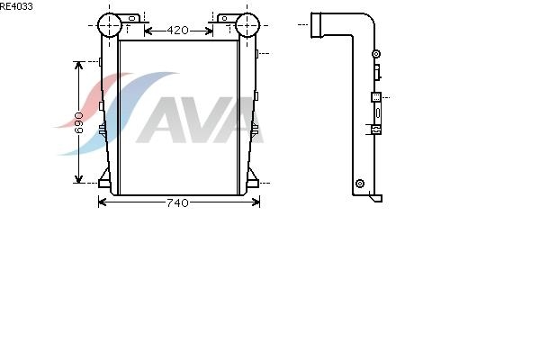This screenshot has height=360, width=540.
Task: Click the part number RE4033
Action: (x=16, y=6)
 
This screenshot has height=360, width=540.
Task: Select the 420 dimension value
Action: (x=177, y=31)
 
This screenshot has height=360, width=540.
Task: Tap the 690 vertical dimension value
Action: (x=79, y=122)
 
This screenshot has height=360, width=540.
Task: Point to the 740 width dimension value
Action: (x=177, y=202)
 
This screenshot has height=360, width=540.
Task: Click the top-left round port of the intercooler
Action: (x=110, y=25)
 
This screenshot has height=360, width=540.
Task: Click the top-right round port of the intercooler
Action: (x=247, y=25)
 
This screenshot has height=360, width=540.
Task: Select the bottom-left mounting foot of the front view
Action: (x=104, y=179)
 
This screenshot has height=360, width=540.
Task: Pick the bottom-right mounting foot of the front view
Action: (x=252, y=179)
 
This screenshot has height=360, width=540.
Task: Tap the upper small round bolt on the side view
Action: (x=376, y=54)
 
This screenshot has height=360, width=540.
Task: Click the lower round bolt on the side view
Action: (x=360, y=184)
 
